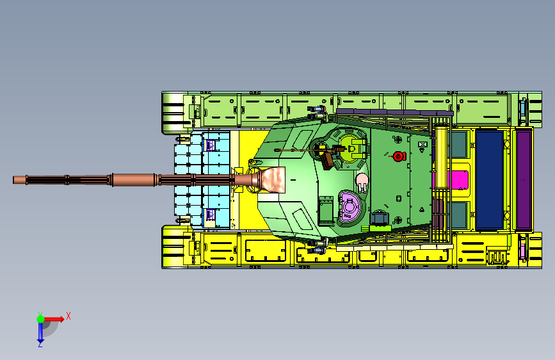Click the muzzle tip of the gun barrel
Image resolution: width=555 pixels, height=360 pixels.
[14, 180]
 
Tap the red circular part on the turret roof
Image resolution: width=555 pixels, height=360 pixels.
[399, 156]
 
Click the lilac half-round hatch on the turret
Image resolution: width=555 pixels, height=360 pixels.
[350, 206]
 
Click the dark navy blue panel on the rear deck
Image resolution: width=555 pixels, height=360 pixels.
[489, 179]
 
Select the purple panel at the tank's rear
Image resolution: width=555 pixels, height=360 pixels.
[524, 179]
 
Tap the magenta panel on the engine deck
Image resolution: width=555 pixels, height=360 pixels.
[458, 179]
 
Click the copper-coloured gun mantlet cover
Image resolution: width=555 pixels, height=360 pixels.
[273, 180]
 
